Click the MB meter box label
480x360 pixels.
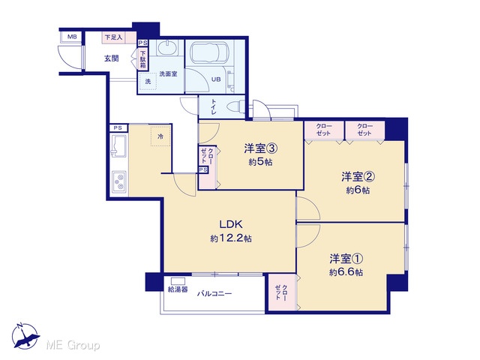pos(72,37)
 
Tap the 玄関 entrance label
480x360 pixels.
pos(112,58)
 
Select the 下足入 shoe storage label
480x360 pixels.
pos(113,37)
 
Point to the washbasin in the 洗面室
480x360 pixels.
pos(166,48)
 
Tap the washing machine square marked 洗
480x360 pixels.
pos(148,81)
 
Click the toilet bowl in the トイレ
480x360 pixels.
pos(235,106)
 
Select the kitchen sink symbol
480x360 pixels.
pos(118,145)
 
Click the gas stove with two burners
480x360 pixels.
pos(118,181)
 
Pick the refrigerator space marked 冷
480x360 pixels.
pos(160,136)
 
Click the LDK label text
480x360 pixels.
pos(231,224)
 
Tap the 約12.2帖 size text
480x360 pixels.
pos(231,238)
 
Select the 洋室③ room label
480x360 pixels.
pos(261,148)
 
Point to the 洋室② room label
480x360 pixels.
pos(358,177)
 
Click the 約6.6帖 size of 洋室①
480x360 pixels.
pos(346,272)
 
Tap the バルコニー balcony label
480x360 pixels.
pos(214,294)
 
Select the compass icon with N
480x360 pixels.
pos(25,336)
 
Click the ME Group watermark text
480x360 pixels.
pos(73,345)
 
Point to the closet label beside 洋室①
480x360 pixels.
pos(281,292)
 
